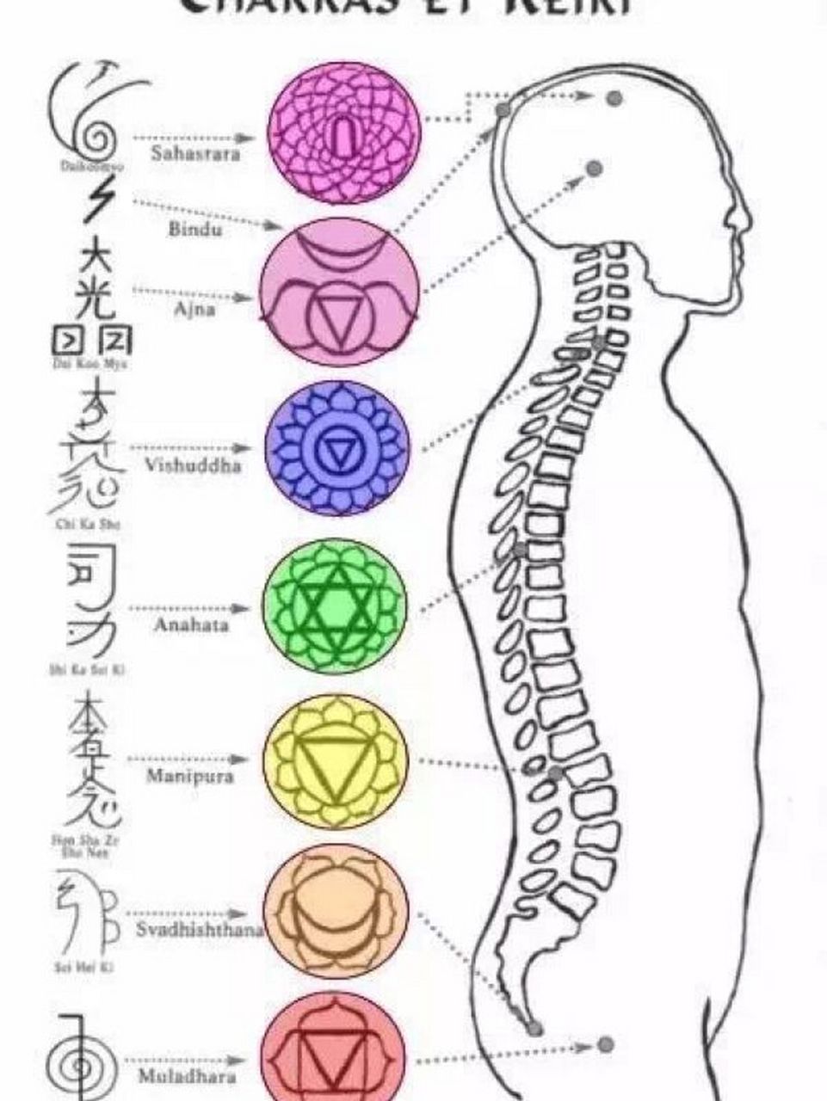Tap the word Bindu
[194, 231]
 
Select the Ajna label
[194, 310]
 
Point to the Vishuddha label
[193, 467]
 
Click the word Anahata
[192, 625]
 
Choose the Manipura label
[189, 777]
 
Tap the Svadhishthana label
[200, 930]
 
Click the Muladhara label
[188, 1076]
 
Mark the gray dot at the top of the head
[614, 98]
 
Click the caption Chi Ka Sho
[83, 523]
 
